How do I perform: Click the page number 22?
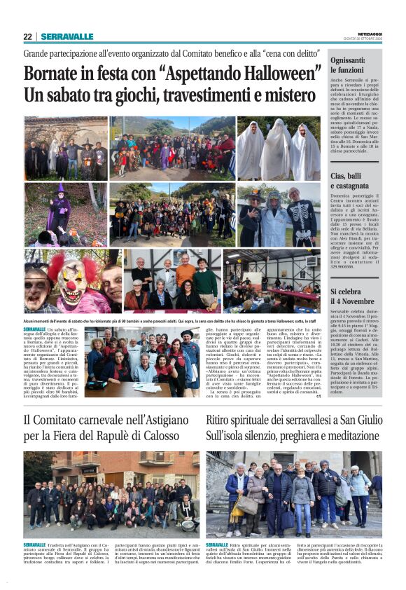(27, 36)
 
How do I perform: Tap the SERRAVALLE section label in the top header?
(67, 36)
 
